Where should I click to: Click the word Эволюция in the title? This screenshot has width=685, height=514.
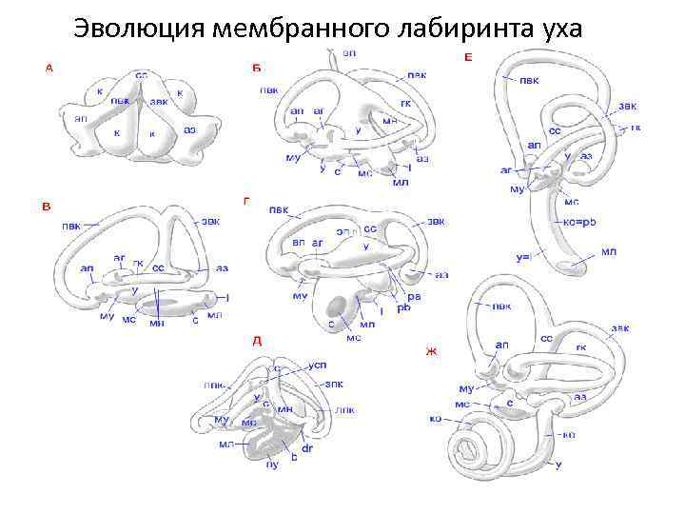click(139, 28)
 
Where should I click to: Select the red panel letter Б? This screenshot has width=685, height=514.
click(255, 67)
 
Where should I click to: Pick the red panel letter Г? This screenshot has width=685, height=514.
click(246, 200)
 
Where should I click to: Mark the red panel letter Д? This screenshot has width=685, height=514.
click(256, 340)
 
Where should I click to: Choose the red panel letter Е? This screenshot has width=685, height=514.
click(467, 58)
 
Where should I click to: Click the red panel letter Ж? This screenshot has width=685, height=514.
click(430, 351)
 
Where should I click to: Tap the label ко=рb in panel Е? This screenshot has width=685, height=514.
click(580, 221)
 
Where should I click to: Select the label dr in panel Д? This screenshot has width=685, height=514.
click(307, 447)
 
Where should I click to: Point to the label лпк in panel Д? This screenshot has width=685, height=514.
click(344, 410)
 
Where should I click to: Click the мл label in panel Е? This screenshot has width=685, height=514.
click(609, 251)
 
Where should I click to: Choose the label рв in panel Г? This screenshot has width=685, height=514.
click(415, 296)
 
